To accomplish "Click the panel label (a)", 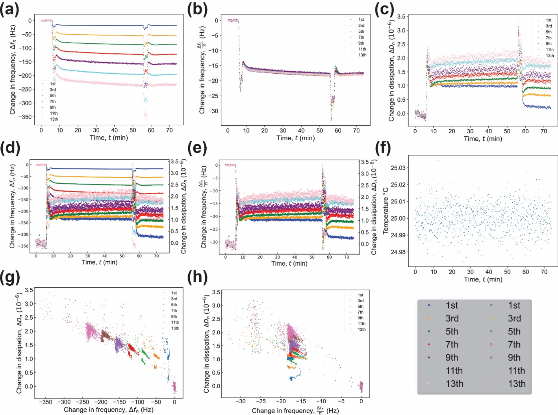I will click(x=9, y=9).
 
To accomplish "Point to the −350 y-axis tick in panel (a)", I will click(x=26, y=117).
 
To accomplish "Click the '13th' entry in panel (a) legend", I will click(x=54, y=119).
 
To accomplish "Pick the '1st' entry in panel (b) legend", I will click(x=361, y=20).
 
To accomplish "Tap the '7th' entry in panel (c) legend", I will click(x=548, y=38).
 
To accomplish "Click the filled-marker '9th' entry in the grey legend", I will click(x=452, y=357).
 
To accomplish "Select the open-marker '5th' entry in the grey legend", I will click(x=514, y=331).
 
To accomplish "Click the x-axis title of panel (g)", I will click(x=108, y=410).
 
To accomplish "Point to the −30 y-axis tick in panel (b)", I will click(x=215, y=111).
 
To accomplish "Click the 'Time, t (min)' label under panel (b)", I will click(x=295, y=138).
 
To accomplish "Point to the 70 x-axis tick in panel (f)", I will click(x=544, y=272).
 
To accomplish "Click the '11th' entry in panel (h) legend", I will click(x=361, y=324).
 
